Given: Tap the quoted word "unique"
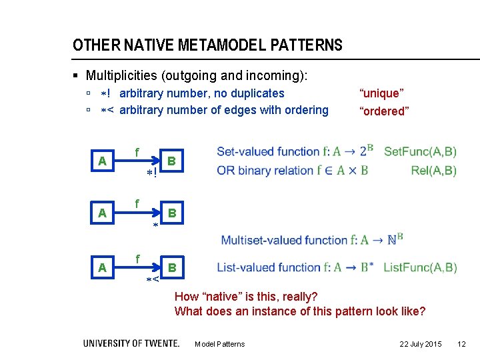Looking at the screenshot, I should click(381, 93).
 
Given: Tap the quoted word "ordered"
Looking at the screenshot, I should click(384, 111).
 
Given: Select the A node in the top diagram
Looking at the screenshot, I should click(102, 161).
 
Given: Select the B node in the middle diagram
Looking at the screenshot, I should click(171, 213).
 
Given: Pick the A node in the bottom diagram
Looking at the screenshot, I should click(102, 267).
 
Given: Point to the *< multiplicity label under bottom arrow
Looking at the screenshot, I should click(153, 280).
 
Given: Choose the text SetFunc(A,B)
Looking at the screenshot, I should click(420, 151).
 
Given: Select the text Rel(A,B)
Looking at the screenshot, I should click(434, 170).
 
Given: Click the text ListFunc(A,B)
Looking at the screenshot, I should click(420, 267).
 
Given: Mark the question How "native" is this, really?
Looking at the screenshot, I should click(246, 296).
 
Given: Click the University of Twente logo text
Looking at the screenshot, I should click(131, 343).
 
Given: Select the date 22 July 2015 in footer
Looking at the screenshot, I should click(420, 344).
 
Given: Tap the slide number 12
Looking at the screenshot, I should click(461, 344).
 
